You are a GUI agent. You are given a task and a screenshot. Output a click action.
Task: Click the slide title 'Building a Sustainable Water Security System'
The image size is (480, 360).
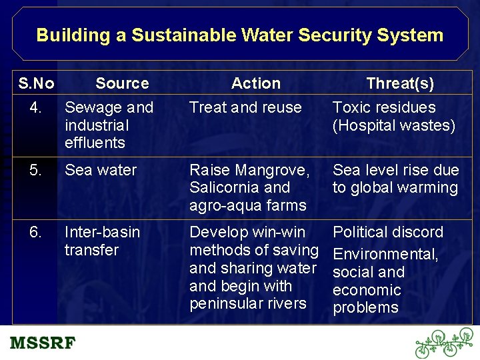point(239,35)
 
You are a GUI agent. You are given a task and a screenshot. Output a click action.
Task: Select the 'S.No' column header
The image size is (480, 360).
point(37,83)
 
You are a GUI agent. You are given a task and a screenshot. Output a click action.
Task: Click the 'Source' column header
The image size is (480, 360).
point(122,83)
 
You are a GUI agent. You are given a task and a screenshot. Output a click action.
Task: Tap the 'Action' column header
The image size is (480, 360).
point(255,83)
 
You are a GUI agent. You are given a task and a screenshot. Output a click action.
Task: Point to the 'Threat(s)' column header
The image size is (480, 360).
point(400,83)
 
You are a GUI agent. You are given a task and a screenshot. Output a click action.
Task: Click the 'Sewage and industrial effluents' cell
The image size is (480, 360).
point(109,125)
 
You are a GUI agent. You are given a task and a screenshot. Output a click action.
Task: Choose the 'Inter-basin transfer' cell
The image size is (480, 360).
point(102,241)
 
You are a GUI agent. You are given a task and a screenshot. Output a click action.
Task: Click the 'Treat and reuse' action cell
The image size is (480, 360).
point(245,107)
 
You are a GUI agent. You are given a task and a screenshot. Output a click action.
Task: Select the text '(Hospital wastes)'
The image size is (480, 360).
point(394,125)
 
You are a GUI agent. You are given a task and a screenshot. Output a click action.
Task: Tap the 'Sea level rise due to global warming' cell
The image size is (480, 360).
point(395,179)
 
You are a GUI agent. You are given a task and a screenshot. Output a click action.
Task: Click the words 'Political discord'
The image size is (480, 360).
point(387,233)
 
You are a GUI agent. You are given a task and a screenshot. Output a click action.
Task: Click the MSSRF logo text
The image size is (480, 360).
point(43,343)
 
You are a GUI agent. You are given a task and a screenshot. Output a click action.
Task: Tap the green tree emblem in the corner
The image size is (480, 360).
point(443,343)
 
